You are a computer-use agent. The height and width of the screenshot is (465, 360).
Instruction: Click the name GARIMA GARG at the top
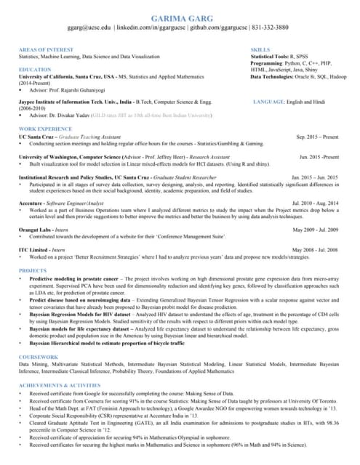[179, 17]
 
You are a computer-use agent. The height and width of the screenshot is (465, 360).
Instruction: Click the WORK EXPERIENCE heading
[45, 129]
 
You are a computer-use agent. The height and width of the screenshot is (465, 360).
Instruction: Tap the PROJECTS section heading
[32, 270]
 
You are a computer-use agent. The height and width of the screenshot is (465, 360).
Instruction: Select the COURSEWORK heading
[38, 357]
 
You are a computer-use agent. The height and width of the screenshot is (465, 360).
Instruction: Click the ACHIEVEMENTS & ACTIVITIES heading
[60, 385]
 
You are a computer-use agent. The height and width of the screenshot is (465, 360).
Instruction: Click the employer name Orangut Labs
[35, 230]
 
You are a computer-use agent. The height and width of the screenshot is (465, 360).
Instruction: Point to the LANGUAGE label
[273, 102]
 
